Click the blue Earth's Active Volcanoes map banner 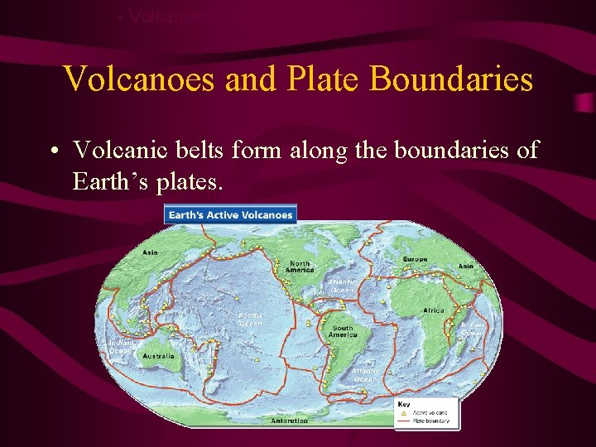230,214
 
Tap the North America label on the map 300,267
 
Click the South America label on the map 342,331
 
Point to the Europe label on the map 416,260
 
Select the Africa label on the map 434,310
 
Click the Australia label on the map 158,357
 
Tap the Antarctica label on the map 290,421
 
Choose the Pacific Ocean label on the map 250,319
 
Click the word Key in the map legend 404,403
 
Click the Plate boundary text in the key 432,420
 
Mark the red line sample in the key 404,420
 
